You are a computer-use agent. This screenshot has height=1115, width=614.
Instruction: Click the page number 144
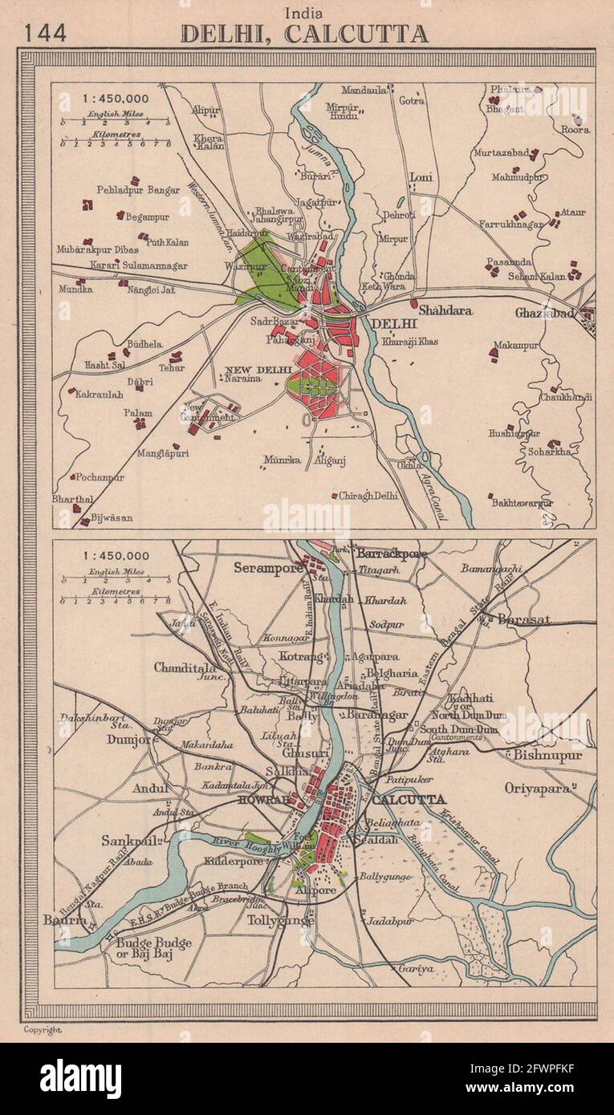click(45, 33)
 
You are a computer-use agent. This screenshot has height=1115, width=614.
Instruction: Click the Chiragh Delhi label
click(368, 496)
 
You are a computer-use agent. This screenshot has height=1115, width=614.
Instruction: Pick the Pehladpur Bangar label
click(138, 190)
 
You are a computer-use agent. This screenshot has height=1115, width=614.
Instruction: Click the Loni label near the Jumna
click(421, 176)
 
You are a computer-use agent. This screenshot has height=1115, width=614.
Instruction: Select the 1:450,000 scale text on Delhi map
click(115, 99)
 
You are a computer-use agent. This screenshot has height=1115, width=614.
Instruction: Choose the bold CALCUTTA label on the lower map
click(409, 800)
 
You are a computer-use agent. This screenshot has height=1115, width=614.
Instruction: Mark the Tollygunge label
click(280, 920)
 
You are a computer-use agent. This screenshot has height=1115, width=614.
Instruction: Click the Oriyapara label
click(542, 788)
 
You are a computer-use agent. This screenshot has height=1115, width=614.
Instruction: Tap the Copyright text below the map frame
click(42, 1029)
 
